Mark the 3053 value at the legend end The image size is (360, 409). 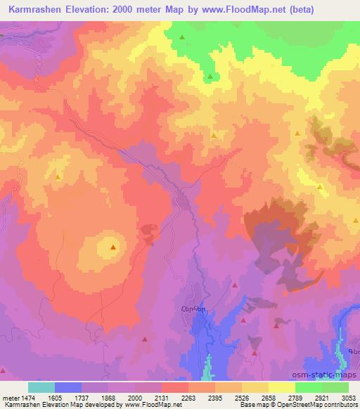[x=347, y=397]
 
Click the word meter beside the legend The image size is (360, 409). [x=9, y=397]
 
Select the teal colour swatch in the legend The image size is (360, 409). [x=41, y=387]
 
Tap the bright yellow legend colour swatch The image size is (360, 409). [x=282, y=387]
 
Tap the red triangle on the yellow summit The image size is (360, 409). [x=113, y=247]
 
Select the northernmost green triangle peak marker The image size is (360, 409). [x=182, y=37]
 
